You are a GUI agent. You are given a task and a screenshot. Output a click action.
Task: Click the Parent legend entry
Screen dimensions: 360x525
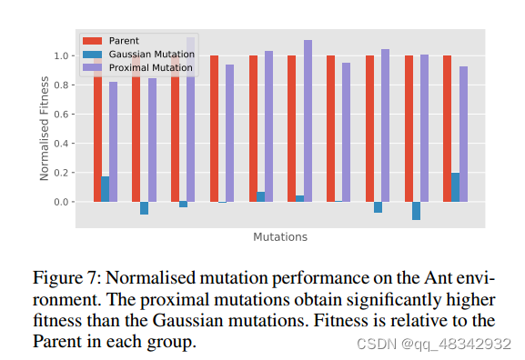point(124,41)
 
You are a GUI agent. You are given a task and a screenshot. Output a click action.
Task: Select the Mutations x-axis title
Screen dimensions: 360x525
point(280,237)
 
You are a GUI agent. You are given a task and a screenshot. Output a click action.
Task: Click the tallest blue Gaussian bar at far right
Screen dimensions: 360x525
point(455,187)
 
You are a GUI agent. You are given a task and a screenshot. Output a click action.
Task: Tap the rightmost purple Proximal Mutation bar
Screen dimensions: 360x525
point(463,134)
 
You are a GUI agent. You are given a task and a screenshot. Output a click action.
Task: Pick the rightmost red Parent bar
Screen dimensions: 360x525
point(447,128)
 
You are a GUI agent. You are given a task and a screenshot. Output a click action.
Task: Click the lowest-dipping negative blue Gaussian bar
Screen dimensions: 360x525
point(416,211)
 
